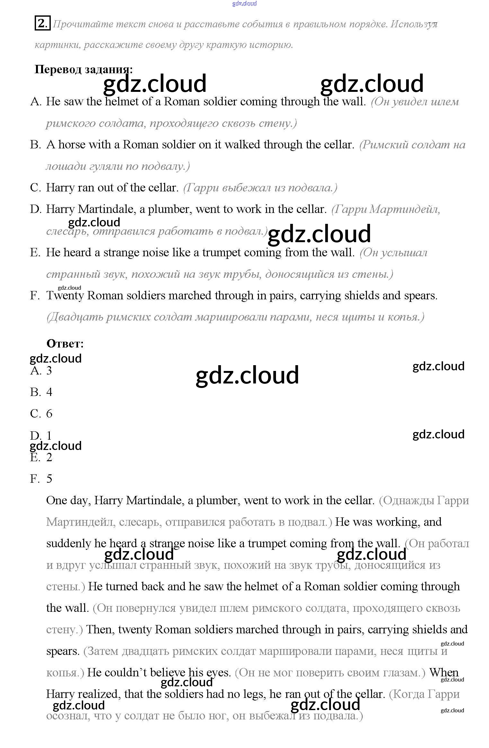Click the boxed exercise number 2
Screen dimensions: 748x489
(42, 24)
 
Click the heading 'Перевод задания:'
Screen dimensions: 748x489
(83, 69)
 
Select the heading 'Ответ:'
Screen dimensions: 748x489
(65, 344)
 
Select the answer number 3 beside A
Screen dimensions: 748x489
(49, 371)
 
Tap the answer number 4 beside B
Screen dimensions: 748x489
(49, 392)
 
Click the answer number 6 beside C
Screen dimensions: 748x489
(49, 414)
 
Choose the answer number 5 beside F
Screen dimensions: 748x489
(49, 479)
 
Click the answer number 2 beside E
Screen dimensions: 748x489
(49, 457)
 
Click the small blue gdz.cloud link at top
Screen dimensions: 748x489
(244, 4)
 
